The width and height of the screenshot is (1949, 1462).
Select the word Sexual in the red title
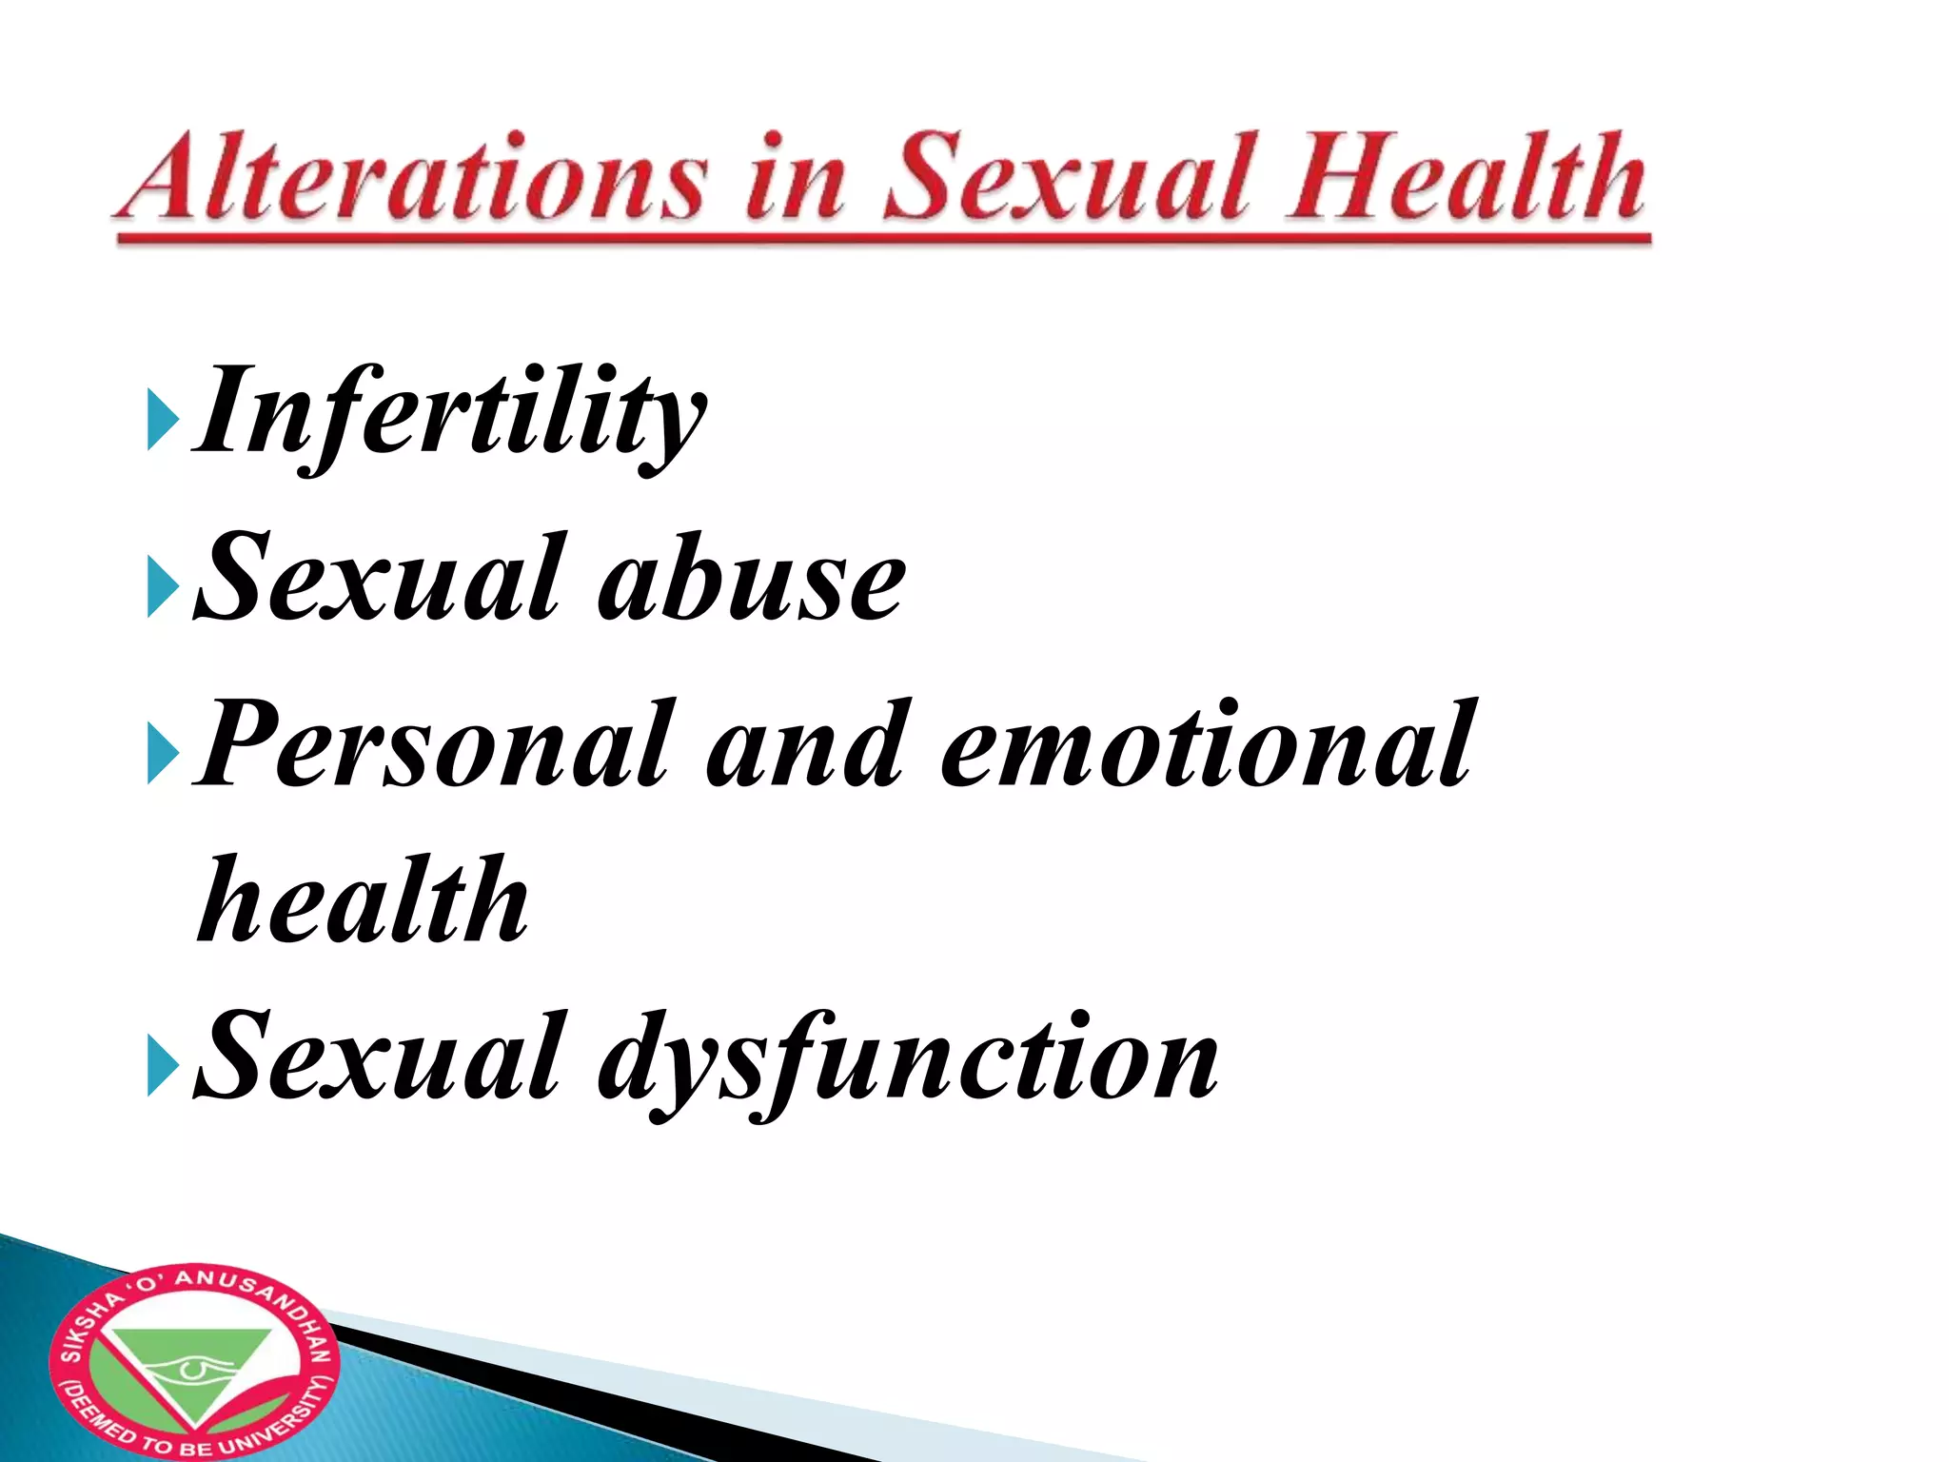(1067, 178)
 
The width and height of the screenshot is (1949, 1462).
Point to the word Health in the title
(1466, 178)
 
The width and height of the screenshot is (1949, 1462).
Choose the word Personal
(437, 743)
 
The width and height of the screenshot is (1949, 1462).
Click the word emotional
(1209, 743)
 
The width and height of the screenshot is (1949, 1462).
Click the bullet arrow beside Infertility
(162, 418)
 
